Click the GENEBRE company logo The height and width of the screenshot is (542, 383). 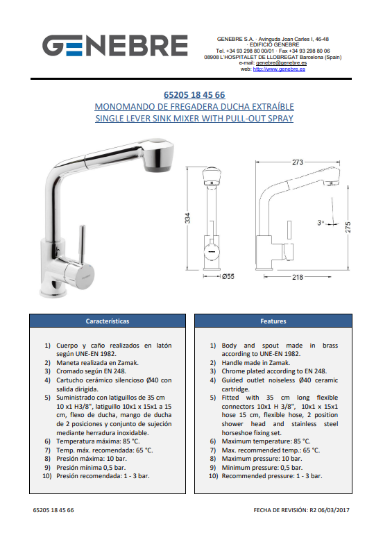(x=115, y=45)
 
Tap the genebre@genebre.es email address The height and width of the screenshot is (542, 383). (x=281, y=63)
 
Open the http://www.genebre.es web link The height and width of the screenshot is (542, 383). (x=279, y=69)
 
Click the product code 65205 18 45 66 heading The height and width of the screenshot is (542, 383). (x=194, y=94)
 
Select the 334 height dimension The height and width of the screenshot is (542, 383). (x=187, y=218)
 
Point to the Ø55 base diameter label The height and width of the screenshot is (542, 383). (x=228, y=276)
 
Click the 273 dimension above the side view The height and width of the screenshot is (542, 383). (x=298, y=162)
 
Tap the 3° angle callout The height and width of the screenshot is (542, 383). (x=321, y=223)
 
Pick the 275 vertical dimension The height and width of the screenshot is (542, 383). (x=348, y=227)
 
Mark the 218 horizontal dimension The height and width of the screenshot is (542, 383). (x=298, y=277)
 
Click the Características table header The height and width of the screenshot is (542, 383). (x=108, y=321)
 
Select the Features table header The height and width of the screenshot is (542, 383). (x=273, y=321)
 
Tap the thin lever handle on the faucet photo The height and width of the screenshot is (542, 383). (x=83, y=244)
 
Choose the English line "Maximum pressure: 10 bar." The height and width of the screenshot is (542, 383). (x=262, y=459)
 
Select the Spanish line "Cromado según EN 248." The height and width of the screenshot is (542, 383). (x=92, y=371)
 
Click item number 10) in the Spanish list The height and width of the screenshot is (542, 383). (x=47, y=476)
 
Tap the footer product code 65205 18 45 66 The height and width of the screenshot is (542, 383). (x=53, y=510)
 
